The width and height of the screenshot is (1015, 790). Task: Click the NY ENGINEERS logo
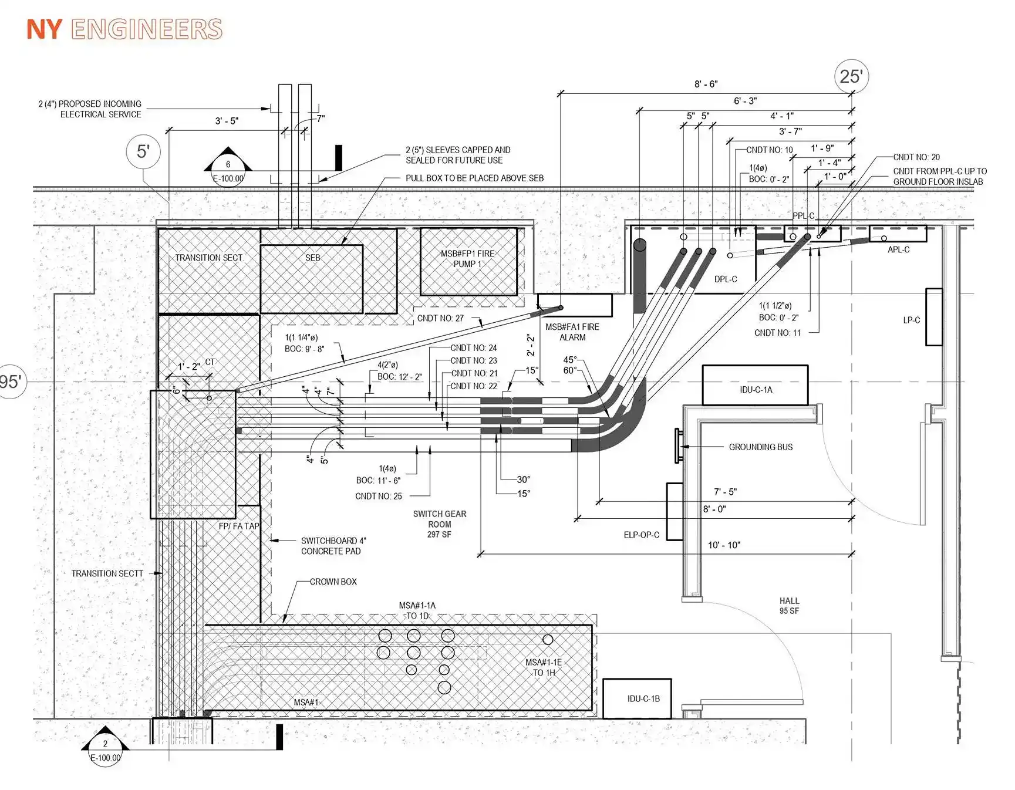(x=124, y=29)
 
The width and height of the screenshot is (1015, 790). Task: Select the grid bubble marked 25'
(x=851, y=76)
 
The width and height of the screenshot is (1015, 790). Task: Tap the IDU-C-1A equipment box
(x=755, y=385)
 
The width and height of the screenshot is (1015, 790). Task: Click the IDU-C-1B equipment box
(x=637, y=698)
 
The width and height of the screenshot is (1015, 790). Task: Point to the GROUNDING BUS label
(x=761, y=447)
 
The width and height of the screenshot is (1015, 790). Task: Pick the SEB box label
(x=313, y=258)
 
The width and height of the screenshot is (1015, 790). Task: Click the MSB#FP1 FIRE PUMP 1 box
(x=468, y=262)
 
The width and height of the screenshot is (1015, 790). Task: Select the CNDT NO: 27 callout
(x=440, y=318)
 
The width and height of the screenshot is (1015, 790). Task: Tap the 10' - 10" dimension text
(x=724, y=545)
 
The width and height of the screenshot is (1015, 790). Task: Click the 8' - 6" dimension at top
(x=706, y=85)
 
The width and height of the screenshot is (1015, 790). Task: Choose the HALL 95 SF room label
(x=789, y=606)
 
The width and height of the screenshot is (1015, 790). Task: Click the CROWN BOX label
(x=333, y=582)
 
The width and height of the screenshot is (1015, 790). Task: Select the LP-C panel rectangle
(x=934, y=317)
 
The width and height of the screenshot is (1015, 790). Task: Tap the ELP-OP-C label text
(x=641, y=535)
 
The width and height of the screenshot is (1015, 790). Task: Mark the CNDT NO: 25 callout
(x=379, y=497)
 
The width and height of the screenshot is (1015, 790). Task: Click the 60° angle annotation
(x=570, y=370)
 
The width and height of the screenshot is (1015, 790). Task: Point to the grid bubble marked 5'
(x=144, y=151)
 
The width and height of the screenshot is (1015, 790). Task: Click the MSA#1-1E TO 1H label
(x=544, y=667)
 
